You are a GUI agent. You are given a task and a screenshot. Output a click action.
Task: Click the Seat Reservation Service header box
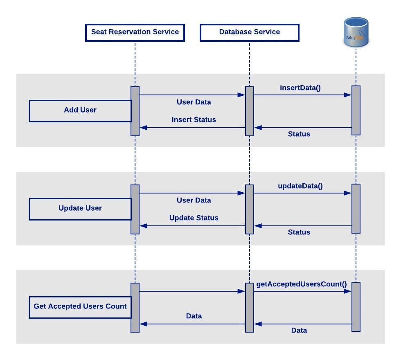tap(135, 32)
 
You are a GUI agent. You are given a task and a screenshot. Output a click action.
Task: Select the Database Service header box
tap(250, 32)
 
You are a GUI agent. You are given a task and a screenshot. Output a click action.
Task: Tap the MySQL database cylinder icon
tap(356, 32)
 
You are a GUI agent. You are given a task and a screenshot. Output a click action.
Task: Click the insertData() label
tap(300, 88)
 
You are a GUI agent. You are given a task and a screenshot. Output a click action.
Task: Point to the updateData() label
tap(300, 186)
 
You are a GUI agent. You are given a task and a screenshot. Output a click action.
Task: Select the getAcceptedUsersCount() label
tap(301, 284)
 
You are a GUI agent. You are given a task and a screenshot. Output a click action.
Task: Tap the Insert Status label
tap(194, 120)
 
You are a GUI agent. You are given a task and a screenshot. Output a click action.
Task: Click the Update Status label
tap(194, 218)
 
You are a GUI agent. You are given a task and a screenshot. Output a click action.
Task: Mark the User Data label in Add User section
tap(194, 102)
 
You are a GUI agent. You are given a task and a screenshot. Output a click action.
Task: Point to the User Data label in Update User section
tap(194, 200)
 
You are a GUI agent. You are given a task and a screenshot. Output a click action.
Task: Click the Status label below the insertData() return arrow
tap(299, 134)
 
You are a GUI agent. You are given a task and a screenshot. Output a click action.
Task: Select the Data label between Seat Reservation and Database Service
tap(194, 316)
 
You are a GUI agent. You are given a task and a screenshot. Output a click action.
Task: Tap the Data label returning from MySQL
tap(299, 330)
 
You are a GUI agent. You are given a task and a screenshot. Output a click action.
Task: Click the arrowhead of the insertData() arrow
tap(348, 95)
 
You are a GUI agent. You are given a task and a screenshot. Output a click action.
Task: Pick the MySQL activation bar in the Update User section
tap(356, 209)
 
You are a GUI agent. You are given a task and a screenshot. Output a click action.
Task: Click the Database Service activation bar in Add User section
tap(250, 111)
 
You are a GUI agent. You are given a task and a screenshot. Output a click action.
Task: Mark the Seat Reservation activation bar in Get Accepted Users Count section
tap(135, 307)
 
